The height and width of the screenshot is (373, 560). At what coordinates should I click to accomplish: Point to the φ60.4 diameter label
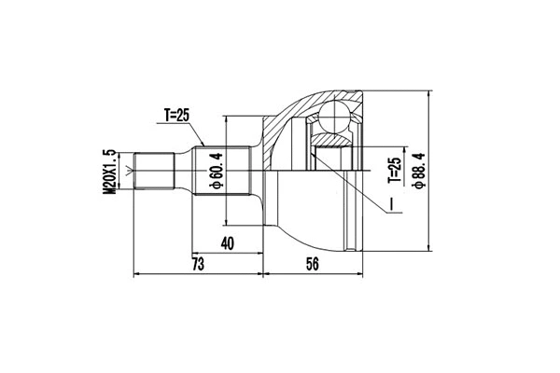coord(217,171)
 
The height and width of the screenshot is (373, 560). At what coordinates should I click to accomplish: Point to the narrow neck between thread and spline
coord(186,171)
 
